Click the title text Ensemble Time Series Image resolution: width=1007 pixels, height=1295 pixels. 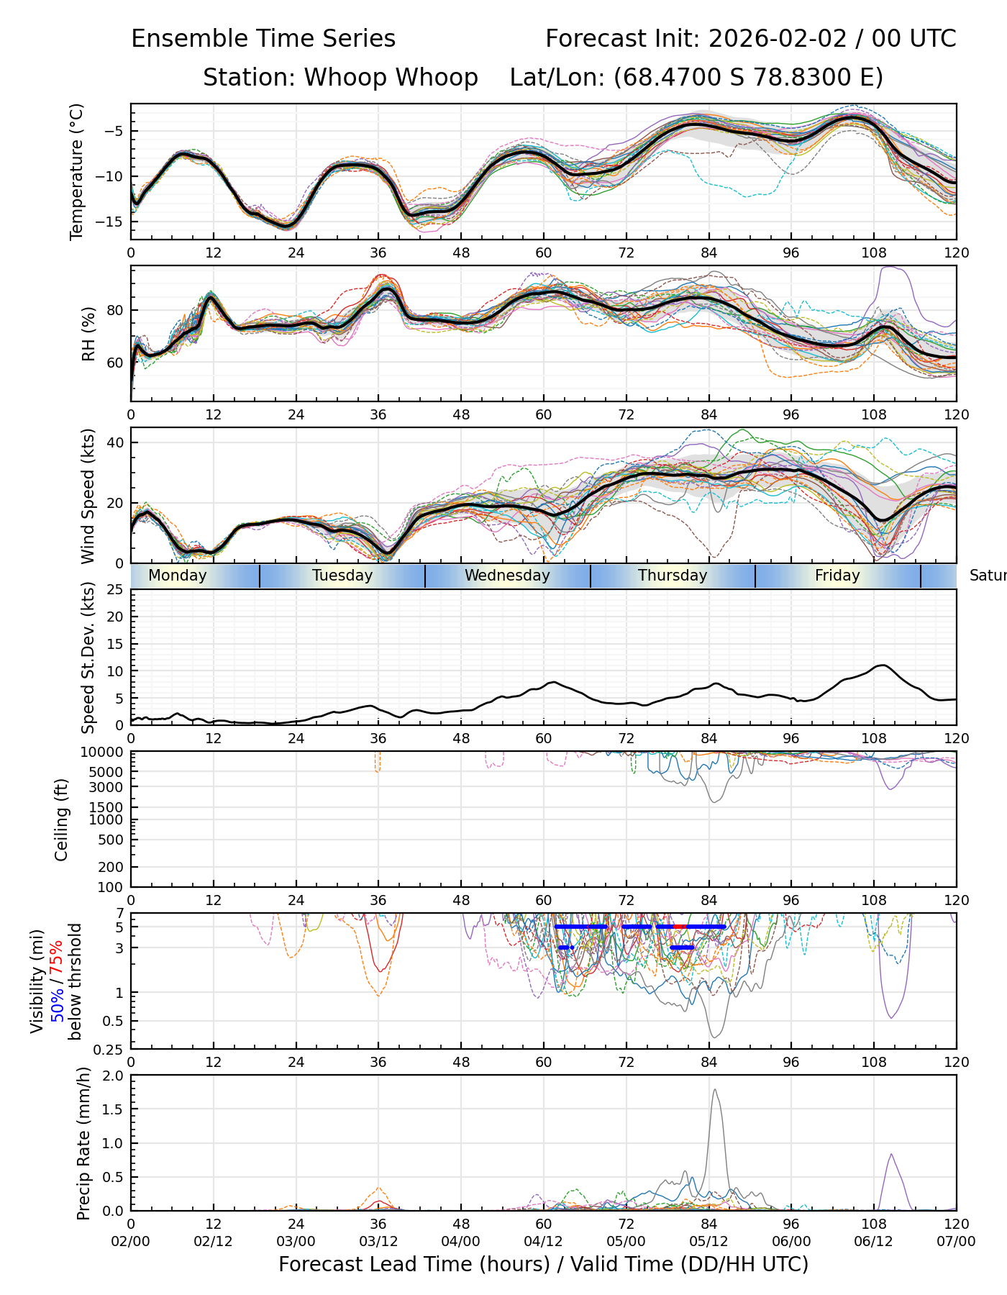click(x=263, y=39)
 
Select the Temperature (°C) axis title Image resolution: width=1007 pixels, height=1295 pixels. click(x=77, y=171)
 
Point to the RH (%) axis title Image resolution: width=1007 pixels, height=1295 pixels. click(x=88, y=334)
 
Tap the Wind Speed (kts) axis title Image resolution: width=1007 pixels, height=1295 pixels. click(x=88, y=496)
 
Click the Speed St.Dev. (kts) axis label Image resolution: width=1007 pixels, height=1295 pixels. click(x=88, y=657)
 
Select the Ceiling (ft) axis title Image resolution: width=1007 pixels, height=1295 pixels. click(x=62, y=819)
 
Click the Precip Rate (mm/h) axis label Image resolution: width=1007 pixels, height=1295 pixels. click(x=83, y=1143)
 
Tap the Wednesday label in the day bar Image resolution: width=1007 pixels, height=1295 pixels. click(x=507, y=576)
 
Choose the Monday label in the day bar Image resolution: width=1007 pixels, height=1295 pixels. click(x=177, y=576)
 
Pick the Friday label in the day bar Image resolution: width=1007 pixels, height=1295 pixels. click(x=837, y=576)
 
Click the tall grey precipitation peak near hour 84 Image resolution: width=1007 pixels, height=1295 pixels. click(x=714, y=1091)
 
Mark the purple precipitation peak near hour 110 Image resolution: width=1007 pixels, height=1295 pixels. click(x=891, y=1155)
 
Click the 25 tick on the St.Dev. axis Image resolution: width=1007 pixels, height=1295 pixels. click(x=115, y=590)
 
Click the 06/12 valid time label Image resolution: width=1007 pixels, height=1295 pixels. click(x=874, y=1242)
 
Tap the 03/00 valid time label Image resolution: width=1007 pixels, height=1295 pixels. click(x=296, y=1242)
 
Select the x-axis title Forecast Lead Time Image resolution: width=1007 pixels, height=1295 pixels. click(x=543, y=1265)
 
